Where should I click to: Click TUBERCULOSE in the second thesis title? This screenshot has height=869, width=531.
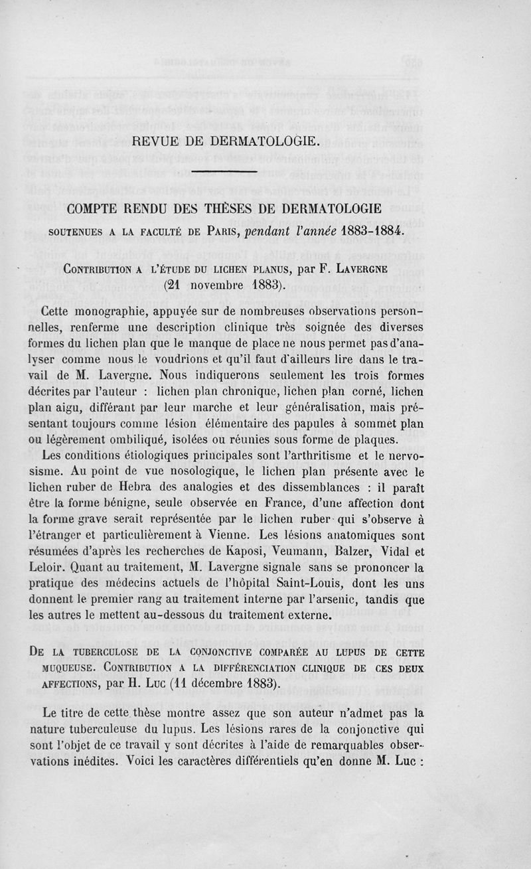[119, 651]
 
